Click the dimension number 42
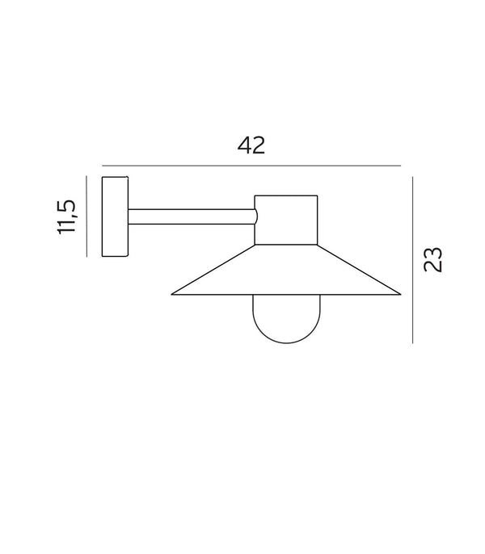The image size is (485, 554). [x=251, y=145]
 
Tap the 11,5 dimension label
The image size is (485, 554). [x=66, y=217]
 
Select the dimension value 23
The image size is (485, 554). [x=433, y=260]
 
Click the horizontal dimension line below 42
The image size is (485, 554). [x=251, y=166]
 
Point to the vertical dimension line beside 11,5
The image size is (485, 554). [x=86, y=216]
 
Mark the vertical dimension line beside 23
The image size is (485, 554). [x=412, y=260]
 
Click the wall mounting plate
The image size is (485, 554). [x=115, y=216]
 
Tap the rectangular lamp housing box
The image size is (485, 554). [x=286, y=220]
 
